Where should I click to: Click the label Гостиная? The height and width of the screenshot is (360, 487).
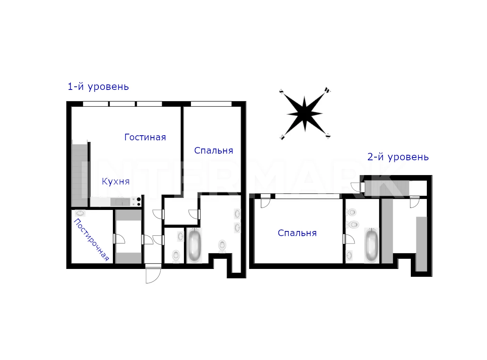click(x=145, y=137)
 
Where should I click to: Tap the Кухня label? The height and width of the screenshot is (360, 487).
click(x=116, y=181)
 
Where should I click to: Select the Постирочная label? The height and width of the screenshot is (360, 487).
click(x=91, y=240)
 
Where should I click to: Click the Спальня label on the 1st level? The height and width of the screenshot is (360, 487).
click(x=213, y=150)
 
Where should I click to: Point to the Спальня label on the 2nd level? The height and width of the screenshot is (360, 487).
click(x=297, y=233)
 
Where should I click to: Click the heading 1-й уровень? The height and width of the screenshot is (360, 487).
click(x=98, y=87)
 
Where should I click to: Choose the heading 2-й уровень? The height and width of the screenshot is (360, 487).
click(x=398, y=157)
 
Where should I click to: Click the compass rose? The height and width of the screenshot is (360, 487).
click(x=305, y=114)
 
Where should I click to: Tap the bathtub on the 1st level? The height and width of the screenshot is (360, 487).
click(x=194, y=245)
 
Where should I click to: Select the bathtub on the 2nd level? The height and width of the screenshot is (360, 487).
click(x=371, y=245)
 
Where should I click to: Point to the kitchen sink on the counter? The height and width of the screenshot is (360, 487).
click(x=120, y=202)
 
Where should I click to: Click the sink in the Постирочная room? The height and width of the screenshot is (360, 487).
click(x=80, y=213)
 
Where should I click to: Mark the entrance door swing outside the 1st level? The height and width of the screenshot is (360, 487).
click(x=153, y=276)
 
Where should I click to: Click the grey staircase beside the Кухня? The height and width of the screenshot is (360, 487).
click(x=80, y=175)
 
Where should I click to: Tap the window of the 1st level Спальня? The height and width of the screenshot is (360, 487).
click(x=211, y=104)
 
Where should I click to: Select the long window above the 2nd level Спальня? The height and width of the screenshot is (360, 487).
click(x=308, y=196)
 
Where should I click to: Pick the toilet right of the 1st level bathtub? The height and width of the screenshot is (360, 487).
click(x=223, y=246)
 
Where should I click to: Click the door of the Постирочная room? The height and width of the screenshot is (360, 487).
click(x=119, y=239)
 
